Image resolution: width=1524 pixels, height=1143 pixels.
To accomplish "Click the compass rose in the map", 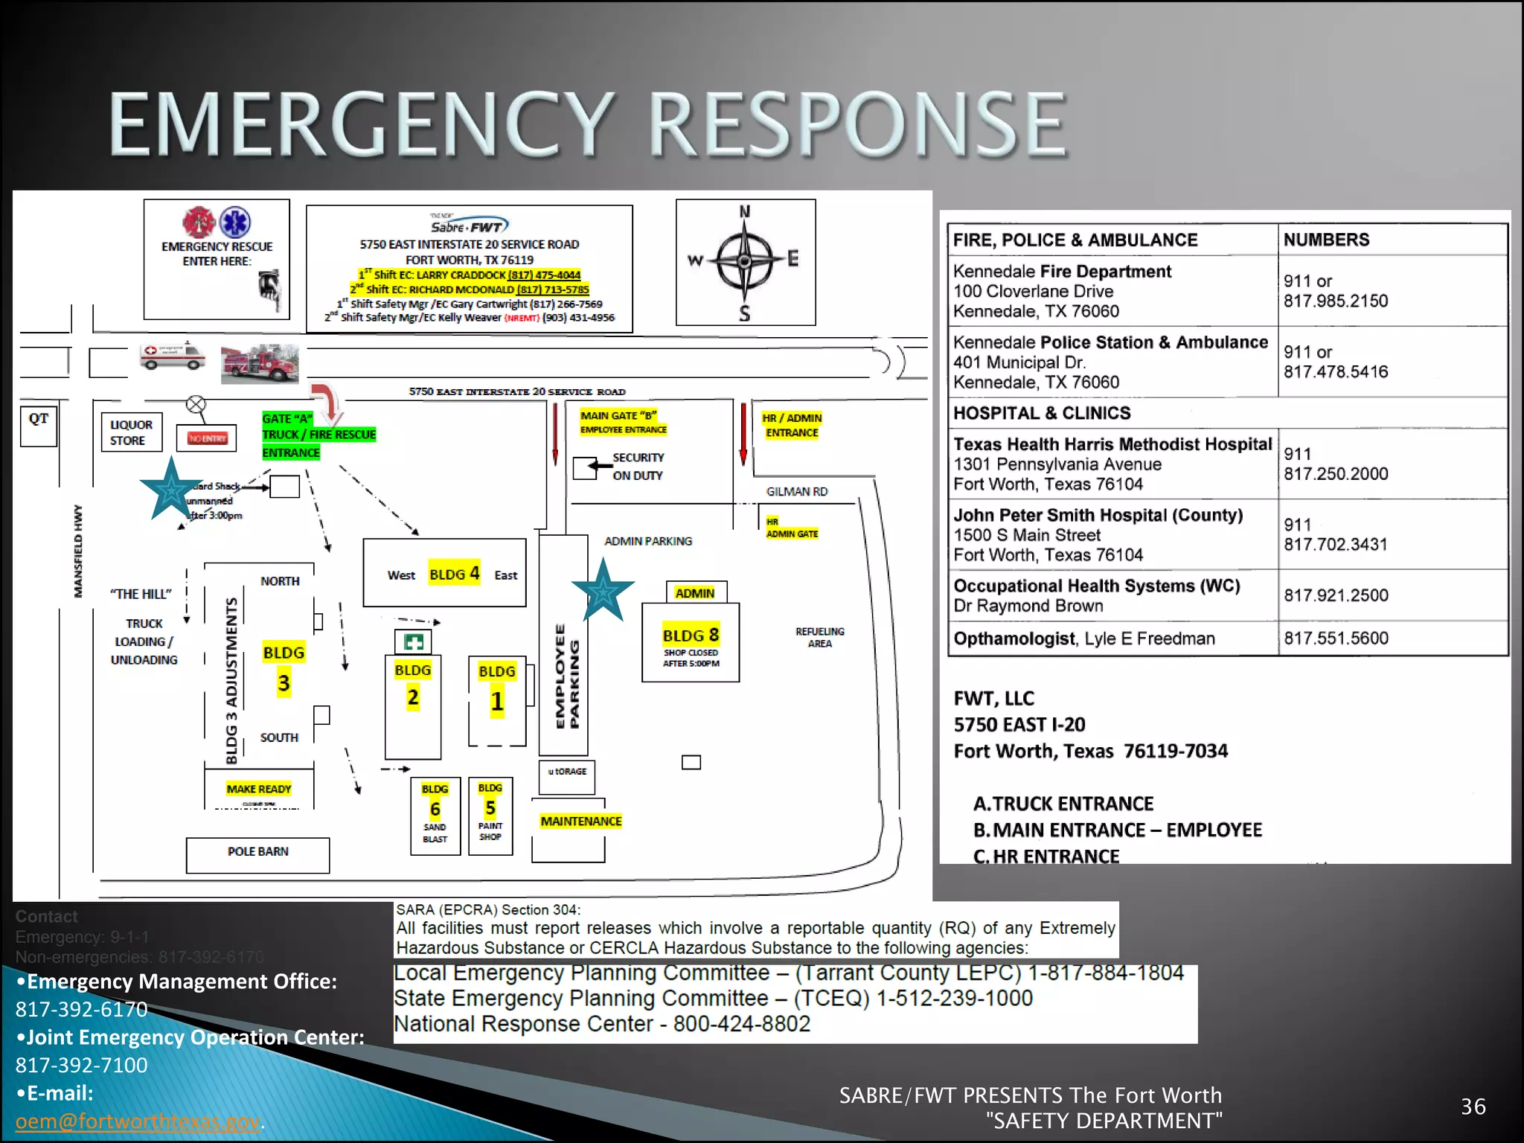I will (x=745, y=262).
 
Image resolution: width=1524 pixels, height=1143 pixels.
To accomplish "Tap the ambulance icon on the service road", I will (x=172, y=356).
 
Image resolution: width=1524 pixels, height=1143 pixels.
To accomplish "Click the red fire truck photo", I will (x=260, y=364).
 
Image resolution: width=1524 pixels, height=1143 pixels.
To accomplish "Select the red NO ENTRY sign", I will (x=207, y=438).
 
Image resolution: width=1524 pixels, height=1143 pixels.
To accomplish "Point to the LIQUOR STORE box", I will (x=132, y=432).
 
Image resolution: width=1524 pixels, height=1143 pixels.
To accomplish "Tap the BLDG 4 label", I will (x=454, y=574).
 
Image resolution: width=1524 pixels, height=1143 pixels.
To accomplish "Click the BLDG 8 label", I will (x=691, y=635).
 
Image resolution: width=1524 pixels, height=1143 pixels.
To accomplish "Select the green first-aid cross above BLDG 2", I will (x=413, y=641).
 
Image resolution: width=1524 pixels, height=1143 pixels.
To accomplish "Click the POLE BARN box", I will (x=257, y=854).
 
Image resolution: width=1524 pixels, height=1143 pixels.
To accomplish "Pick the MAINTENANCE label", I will (x=580, y=821).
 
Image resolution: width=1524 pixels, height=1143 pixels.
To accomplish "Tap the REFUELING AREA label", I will (x=819, y=637).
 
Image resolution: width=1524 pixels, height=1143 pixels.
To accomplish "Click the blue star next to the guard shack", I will (x=171, y=489).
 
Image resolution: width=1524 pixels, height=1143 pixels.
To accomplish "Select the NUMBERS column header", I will (x=1326, y=240).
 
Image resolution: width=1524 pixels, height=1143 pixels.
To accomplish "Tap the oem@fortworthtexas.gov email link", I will (x=138, y=1121).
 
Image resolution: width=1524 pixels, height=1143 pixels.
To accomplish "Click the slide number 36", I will (x=1473, y=1107).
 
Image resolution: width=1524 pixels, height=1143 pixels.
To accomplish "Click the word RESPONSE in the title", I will (x=859, y=124).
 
